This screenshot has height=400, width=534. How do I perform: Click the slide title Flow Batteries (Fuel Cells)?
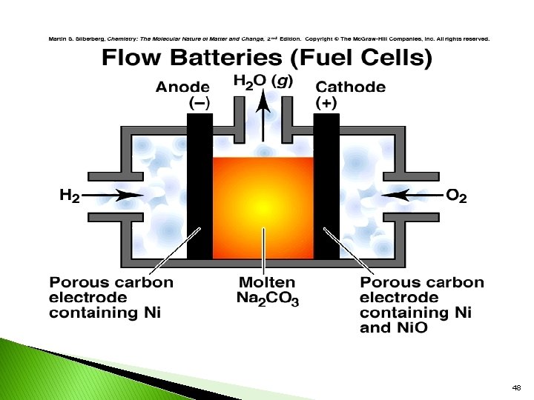(x=266, y=58)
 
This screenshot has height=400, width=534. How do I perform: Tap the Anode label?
(x=182, y=87)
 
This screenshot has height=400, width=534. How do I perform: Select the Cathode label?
(x=351, y=87)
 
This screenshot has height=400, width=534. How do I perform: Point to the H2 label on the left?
(x=69, y=196)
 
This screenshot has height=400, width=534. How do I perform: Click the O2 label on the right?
(x=456, y=196)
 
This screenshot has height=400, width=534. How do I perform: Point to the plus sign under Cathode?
(x=326, y=104)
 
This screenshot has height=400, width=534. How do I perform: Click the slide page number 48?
(x=516, y=387)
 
